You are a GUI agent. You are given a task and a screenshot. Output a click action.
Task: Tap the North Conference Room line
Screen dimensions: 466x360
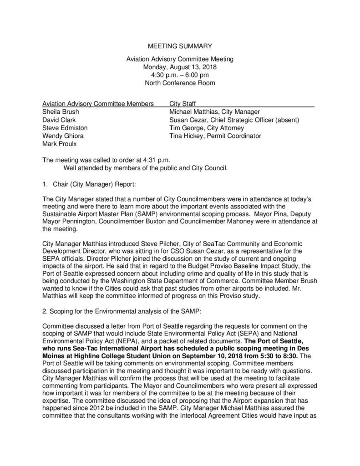(x=179, y=83)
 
